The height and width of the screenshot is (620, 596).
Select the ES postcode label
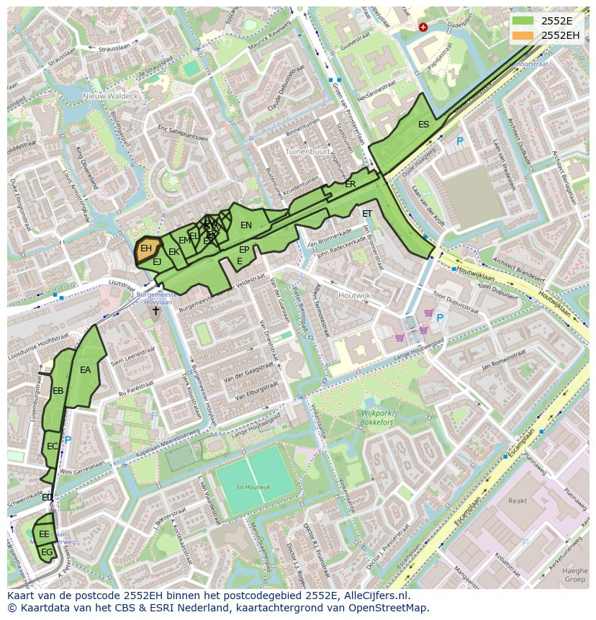(424, 125)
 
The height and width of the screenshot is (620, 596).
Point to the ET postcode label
(367, 214)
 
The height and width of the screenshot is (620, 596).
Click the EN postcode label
(246, 225)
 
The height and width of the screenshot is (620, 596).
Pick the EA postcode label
(86, 370)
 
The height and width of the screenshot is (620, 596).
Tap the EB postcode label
(58, 391)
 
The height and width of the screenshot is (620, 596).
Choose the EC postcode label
(53, 446)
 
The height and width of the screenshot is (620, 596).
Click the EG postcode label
(47, 552)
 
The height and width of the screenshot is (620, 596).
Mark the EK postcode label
(173, 252)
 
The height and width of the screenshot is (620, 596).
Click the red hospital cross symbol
(423, 27)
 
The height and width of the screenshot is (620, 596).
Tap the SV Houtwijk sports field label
(253, 488)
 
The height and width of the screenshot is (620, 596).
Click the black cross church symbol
(155, 310)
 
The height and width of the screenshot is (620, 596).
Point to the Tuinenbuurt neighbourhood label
(307, 153)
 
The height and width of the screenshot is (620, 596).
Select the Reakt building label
(518, 500)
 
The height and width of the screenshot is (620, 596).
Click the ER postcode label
(351, 184)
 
